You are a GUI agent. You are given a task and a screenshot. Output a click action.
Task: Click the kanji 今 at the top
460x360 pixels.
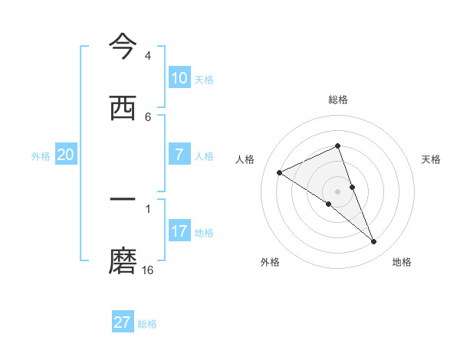coord(123,47)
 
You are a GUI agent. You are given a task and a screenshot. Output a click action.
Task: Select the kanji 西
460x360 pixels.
coord(123,109)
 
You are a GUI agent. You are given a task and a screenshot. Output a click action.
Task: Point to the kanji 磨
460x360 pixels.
coord(123,261)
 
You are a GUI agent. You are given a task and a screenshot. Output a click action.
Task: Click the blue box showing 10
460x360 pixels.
coord(179,78)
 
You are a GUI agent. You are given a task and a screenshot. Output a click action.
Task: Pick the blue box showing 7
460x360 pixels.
coord(179,155)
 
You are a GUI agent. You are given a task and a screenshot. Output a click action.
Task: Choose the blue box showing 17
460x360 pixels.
coord(179,231)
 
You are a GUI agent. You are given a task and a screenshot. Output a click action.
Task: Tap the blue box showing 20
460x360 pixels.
coord(66,155)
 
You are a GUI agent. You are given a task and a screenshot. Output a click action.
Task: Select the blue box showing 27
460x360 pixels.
coord(123,322)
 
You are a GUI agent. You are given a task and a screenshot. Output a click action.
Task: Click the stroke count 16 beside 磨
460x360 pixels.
coord(148,270)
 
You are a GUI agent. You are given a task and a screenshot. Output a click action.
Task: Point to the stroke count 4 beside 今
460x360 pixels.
coord(148,56)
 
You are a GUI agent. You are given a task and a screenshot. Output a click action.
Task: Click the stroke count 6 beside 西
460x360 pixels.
coord(148,116)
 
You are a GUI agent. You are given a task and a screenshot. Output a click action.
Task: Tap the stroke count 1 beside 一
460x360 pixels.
coord(148,208)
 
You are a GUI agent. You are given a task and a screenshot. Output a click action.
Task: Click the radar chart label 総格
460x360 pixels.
coord(338,100)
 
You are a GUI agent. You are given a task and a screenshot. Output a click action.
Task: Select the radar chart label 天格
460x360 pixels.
coord(432,159)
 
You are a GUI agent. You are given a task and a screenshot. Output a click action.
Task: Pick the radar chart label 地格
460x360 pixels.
coord(402,262)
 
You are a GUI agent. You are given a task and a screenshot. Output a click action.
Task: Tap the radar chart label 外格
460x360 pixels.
coord(270,262)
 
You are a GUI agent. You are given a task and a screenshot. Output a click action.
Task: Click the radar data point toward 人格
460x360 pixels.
coord(279,172)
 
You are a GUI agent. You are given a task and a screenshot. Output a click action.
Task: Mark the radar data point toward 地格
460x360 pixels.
coord(374,242)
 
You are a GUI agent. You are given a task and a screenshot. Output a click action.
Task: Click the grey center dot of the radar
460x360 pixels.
coord(338,191)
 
